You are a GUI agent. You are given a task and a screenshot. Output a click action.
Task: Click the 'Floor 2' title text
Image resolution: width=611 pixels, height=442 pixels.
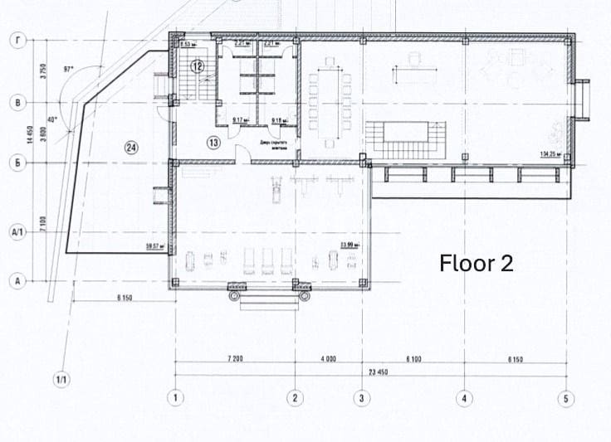coord(477,263)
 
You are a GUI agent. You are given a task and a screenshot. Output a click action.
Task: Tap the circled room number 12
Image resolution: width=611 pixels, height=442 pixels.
coord(197,65)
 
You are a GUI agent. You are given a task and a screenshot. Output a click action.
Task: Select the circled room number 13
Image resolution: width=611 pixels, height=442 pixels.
coord(213,143)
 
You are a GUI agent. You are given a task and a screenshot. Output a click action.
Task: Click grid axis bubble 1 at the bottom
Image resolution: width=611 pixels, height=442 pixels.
coord(176,398)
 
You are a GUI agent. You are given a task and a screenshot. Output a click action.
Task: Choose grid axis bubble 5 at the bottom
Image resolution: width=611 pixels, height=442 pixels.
coord(566,398)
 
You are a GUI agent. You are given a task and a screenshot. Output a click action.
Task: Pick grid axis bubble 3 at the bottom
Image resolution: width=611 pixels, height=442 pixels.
coord(361,398)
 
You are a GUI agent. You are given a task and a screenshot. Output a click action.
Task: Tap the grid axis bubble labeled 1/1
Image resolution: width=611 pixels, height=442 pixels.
coord(61,380)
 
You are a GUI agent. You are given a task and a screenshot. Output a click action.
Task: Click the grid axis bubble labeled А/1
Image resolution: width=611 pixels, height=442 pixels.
coord(17,233)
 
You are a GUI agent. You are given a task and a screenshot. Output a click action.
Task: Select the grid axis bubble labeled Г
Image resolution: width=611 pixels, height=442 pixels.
coord(17,39)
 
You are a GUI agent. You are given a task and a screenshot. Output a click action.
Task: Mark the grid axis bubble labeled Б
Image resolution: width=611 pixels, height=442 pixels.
coord(17,163)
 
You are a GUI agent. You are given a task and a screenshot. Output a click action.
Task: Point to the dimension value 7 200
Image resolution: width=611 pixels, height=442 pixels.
coord(234,359)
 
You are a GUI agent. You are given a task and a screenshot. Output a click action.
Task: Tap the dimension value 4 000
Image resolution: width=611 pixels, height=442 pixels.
coord(327,359)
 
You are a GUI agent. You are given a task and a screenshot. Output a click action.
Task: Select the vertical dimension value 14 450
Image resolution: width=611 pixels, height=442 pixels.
coord(30,135)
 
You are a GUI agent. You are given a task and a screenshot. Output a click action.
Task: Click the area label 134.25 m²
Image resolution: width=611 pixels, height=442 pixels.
coord(550,154)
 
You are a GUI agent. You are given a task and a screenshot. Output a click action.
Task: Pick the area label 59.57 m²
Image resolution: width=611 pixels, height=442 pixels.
coord(153,245)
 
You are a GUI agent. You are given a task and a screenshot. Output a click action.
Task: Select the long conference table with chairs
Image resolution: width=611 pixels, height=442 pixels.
coord(330,104)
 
